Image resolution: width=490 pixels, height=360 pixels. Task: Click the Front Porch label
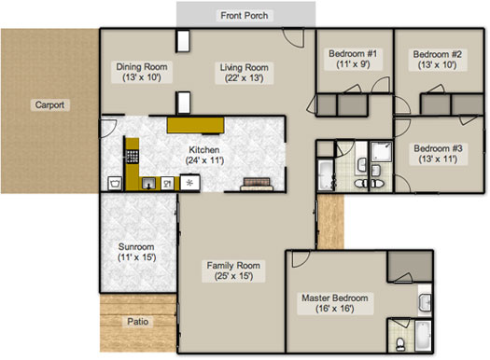[x=244, y=15]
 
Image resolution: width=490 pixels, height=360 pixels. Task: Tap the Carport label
[x=49, y=104]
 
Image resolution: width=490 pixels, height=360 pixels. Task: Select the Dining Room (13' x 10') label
[x=142, y=72]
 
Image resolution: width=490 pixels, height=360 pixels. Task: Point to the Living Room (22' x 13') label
[x=244, y=73]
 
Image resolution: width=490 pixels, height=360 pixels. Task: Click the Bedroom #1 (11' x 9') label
[x=353, y=59]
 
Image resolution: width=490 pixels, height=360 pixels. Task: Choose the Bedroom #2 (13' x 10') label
[x=437, y=60]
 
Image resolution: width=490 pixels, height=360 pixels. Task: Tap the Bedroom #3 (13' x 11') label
[x=438, y=154]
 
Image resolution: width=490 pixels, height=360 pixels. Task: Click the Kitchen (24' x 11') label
[x=204, y=155]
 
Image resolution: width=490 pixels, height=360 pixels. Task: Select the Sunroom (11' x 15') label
[x=136, y=252]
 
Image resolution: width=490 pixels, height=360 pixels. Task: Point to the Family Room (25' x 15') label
[x=233, y=270]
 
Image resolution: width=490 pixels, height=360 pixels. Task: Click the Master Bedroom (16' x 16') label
[x=335, y=303]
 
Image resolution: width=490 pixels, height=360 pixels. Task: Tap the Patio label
[x=137, y=321]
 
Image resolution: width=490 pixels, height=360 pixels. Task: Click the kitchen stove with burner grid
[x=133, y=156]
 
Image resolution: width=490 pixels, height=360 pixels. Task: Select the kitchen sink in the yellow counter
[x=148, y=184]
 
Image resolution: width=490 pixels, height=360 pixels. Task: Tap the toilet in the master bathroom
[x=400, y=344]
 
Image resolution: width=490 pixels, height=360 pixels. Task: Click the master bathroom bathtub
[x=423, y=336]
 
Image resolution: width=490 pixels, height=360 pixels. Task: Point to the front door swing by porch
[x=293, y=38]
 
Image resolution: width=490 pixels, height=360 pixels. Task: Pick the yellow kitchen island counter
[x=196, y=125]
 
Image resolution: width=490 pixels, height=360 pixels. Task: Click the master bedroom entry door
[x=301, y=259]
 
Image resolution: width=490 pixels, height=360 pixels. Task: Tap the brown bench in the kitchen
[x=257, y=184]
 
